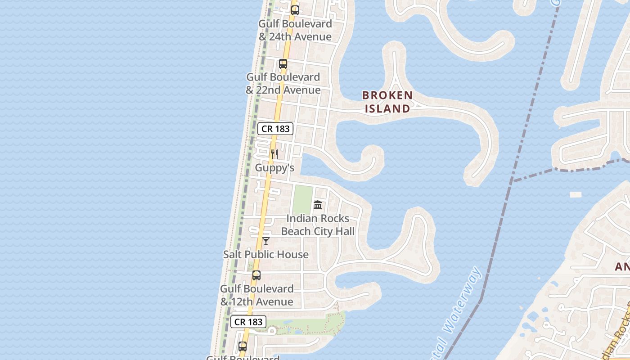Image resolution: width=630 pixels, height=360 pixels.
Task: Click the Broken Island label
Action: coord(387,102)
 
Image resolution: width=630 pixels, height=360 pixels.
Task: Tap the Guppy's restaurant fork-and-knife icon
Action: coord(274,154)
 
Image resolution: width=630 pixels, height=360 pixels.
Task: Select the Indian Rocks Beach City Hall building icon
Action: coord(318,205)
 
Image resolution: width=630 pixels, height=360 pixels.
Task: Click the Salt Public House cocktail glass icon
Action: coord(266,241)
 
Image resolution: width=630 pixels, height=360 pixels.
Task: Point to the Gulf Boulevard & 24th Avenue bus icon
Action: coord(295,10)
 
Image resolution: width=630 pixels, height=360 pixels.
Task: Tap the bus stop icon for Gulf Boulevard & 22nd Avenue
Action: coord(283,64)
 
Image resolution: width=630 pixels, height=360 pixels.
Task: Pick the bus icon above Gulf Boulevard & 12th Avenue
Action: coord(256,275)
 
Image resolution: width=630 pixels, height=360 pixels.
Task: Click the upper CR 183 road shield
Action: coord(276,129)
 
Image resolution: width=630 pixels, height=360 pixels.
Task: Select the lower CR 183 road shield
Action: coord(248,322)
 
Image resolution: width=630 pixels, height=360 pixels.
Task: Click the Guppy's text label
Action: coord(274,168)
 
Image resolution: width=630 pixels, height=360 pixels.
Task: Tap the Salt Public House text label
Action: coord(266,254)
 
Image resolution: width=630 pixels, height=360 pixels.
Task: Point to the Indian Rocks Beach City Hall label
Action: coord(318,225)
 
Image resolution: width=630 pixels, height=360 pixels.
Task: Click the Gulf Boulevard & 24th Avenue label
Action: coord(295,30)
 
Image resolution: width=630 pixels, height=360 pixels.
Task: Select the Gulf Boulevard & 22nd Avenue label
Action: coord(283,83)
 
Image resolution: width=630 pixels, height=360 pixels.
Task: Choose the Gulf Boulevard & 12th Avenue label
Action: coord(256,295)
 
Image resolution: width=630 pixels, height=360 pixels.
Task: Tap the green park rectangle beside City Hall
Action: coord(303,200)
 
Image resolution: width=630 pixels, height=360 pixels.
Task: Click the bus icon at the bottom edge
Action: coord(243,346)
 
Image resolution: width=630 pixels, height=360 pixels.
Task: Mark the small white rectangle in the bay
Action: coord(576,195)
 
